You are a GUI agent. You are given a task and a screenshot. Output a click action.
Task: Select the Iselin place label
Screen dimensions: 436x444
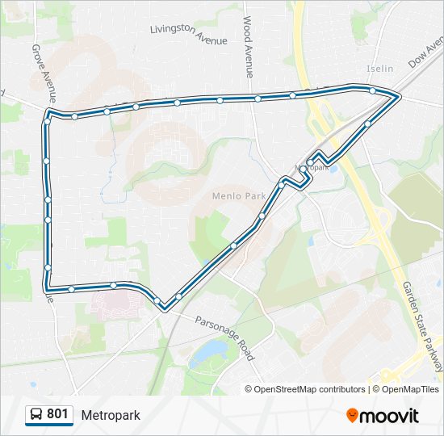point(379,69)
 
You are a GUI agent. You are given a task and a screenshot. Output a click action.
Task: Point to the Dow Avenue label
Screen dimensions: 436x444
point(425,51)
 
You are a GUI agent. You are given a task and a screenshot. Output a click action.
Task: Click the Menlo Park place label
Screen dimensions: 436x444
point(239,195)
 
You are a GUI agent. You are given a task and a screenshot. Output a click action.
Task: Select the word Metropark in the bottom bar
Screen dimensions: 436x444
point(111,415)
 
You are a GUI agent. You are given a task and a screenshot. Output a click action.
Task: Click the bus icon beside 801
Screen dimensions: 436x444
point(36,414)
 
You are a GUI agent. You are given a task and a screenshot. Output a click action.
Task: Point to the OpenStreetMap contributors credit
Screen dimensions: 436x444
point(310,389)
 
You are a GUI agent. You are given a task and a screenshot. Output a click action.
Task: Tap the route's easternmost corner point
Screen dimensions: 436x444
point(399,97)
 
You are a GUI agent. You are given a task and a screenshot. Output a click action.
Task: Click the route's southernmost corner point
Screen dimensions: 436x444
point(165,308)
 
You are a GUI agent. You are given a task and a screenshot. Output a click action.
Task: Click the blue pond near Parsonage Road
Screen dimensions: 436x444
point(211,350)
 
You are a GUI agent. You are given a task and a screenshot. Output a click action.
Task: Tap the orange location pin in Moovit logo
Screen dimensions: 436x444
point(353,416)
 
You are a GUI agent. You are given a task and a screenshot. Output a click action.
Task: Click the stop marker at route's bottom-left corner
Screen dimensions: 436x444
point(48,287)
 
